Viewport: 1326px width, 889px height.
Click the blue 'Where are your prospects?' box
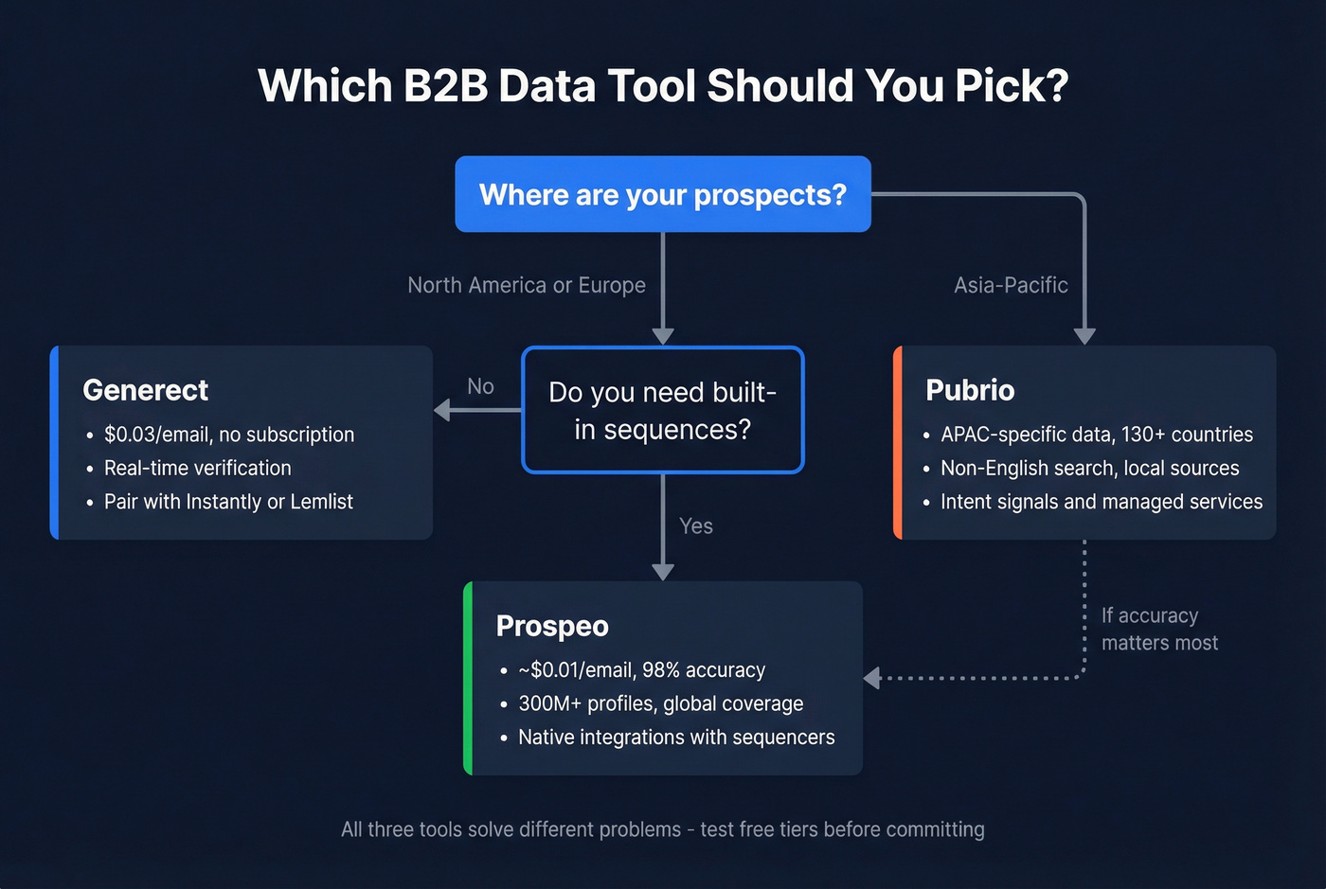coord(663,194)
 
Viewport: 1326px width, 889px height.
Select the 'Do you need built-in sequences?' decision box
coord(663,410)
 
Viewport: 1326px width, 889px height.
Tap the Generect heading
coord(146,390)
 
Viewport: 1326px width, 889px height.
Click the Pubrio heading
coord(970,390)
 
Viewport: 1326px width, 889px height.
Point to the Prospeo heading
coord(552,626)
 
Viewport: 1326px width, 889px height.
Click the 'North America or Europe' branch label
coord(527,285)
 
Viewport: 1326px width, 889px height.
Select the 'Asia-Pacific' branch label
coord(1011,285)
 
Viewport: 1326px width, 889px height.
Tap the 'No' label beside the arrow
coord(480,386)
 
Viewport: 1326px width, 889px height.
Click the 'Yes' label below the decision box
coord(696,526)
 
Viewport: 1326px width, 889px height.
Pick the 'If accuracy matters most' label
coord(1159,630)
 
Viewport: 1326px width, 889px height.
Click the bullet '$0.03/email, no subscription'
coord(229,435)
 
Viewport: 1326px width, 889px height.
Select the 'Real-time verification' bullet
coord(198,468)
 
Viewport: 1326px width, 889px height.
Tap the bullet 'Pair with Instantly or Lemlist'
coord(228,502)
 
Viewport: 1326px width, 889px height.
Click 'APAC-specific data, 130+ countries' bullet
coord(1097,435)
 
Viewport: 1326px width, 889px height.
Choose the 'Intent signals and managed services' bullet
coord(1102,502)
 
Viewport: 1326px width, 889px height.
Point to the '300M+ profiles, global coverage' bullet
coord(661,703)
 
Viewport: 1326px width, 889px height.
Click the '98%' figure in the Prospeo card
coord(661,670)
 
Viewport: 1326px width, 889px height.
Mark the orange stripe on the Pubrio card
coord(898,442)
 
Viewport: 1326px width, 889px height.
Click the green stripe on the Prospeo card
coord(468,678)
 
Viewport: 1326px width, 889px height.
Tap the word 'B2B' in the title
coord(445,85)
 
